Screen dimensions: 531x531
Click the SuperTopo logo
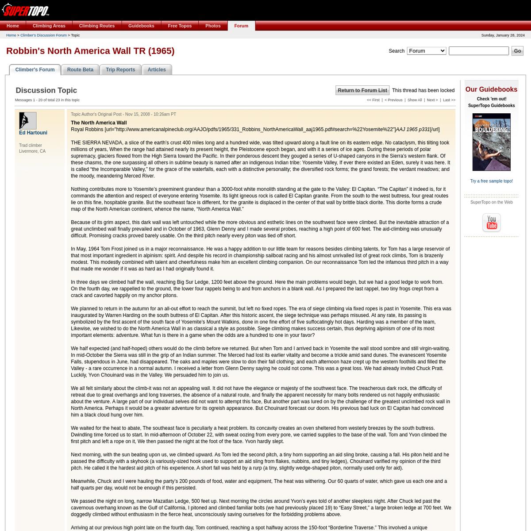tap(26, 10)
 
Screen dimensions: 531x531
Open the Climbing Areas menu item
tap(49, 26)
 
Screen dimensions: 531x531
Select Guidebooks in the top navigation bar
tap(141, 26)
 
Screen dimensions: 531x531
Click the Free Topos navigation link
tap(180, 26)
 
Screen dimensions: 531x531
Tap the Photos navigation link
tap(213, 26)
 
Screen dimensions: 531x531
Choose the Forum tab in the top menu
tap(241, 26)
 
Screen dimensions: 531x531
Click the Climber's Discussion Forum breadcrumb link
tap(43, 35)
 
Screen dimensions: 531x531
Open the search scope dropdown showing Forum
tap(427, 51)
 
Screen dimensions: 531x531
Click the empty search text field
tap(478, 51)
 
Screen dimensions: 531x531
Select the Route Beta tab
tap(80, 69)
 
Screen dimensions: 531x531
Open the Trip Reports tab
tap(120, 69)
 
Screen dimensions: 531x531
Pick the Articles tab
tap(157, 69)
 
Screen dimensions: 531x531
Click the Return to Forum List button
tap(362, 90)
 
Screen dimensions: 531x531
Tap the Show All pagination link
tap(415, 100)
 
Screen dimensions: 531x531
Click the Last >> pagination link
tap(449, 100)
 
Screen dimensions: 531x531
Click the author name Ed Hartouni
tap(33, 133)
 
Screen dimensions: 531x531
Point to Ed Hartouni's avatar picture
tap(27, 121)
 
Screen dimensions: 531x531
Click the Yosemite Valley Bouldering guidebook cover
tap(491, 142)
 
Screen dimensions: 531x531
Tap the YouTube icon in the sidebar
tap(491, 223)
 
